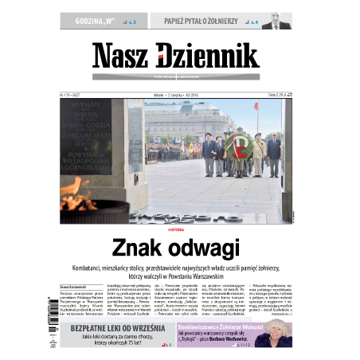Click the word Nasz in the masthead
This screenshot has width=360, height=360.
(x=119, y=56)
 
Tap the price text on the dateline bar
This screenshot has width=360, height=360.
(x=273, y=95)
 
